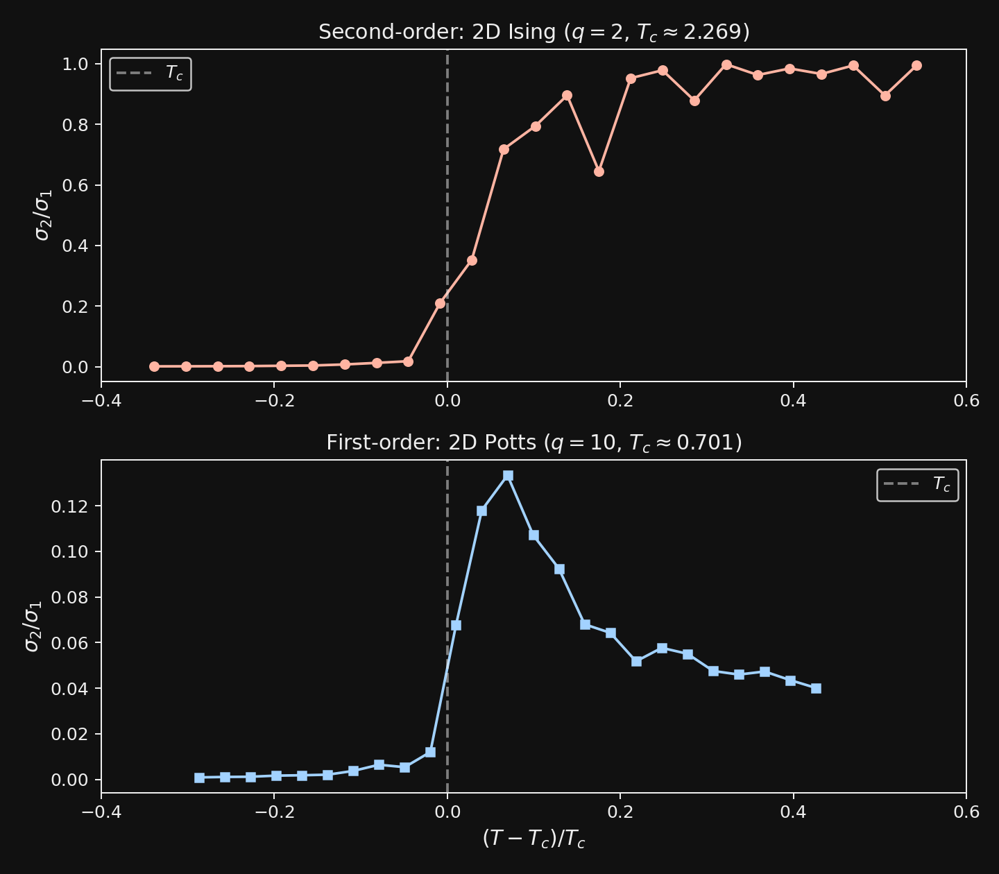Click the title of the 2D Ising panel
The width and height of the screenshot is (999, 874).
[533, 33]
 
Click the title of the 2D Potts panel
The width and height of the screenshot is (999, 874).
[533, 443]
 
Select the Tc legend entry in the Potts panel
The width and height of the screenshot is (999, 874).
[917, 484]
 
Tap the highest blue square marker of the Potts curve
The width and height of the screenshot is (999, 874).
[508, 476]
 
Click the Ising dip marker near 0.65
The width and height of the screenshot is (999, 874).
[599, 171]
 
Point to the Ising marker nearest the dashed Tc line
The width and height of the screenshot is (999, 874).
[440, 303]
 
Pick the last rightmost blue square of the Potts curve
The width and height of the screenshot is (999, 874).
[816, 688]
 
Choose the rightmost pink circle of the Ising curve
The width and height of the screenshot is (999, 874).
[916, 65]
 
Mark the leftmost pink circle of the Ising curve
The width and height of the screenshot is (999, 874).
[154, 366]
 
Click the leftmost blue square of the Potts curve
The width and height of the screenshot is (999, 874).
[199, 778]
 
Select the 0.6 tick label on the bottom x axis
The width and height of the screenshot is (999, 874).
[966, 811]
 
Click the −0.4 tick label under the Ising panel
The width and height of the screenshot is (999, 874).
[101, 400]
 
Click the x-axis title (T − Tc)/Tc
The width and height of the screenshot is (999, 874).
[533, 839]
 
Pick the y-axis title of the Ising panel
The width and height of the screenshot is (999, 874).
[43, 215]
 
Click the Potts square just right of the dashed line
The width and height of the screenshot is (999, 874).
[456, 625]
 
